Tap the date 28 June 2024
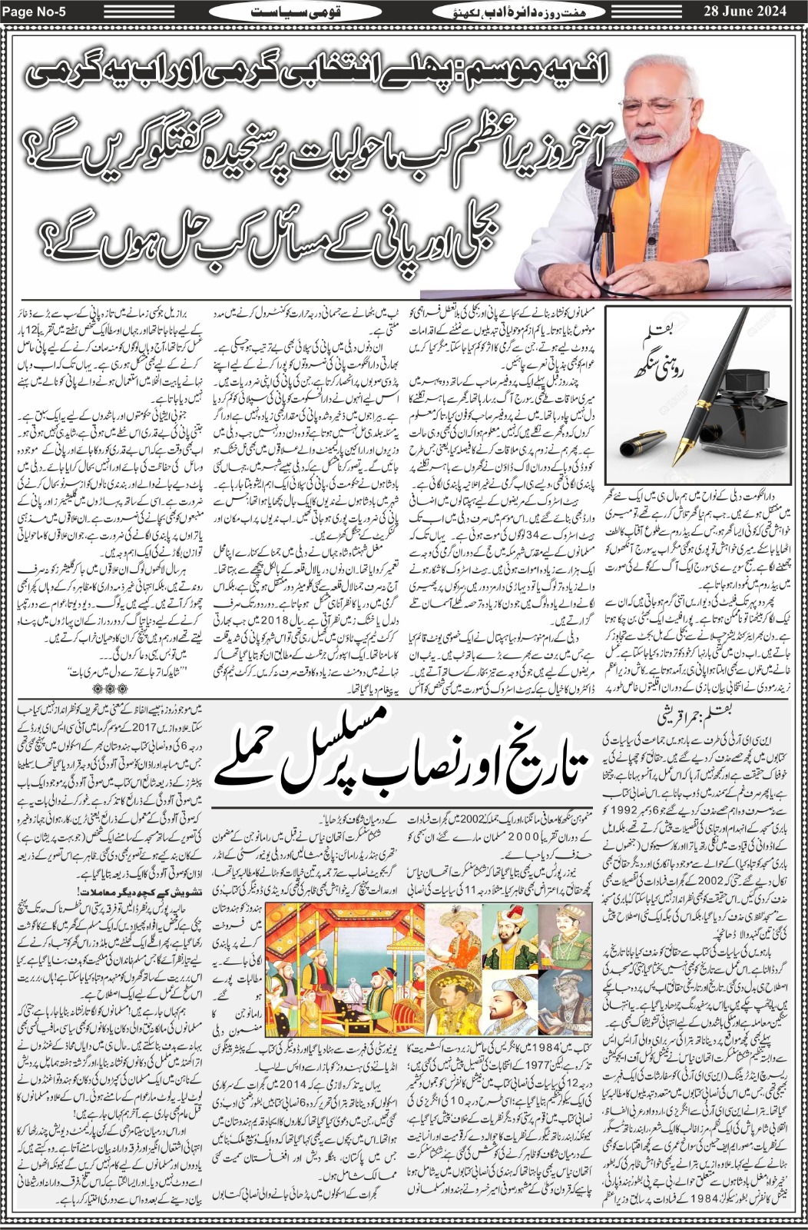(757, 12)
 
